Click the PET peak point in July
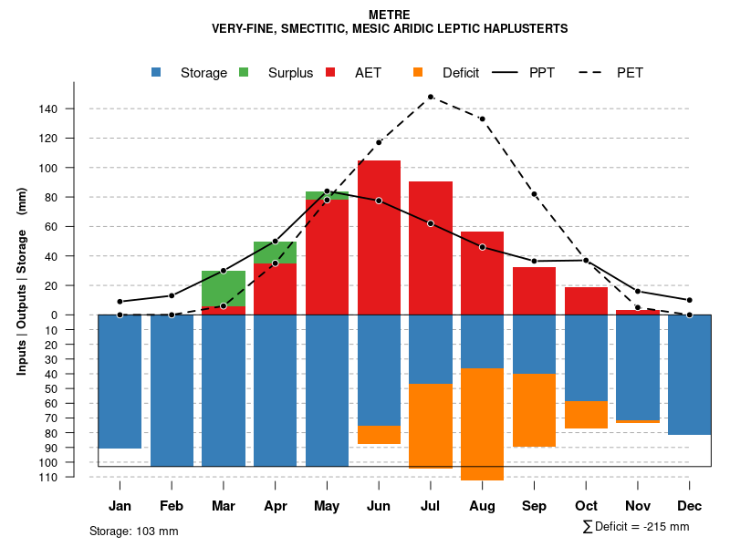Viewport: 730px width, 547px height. point(430,97)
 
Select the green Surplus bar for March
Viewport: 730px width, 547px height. point(224,288)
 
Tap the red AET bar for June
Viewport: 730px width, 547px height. point(379,237)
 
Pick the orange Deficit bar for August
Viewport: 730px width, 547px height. point(482,424)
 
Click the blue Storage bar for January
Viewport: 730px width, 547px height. point(120,381)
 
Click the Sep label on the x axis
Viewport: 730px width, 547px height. point(534,506)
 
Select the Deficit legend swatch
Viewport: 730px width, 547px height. point(418,72)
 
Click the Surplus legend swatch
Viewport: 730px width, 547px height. point(244,72)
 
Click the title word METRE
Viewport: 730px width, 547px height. point(390,15)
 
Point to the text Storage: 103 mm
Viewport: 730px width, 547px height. point(134,531)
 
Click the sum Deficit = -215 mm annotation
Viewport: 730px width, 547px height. point(635,527)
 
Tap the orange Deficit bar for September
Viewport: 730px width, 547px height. point(534,410)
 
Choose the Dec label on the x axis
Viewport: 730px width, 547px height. point(690,506)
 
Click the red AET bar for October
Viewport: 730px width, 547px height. point(586,301)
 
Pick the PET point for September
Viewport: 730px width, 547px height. point(534,194)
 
